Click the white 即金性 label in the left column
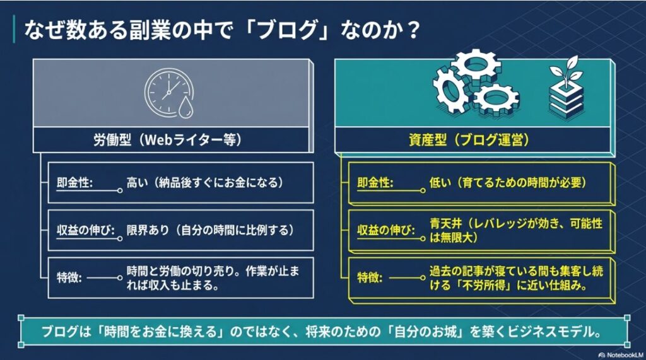[x=75, y=182]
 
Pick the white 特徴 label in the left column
[x=69, y=277]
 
